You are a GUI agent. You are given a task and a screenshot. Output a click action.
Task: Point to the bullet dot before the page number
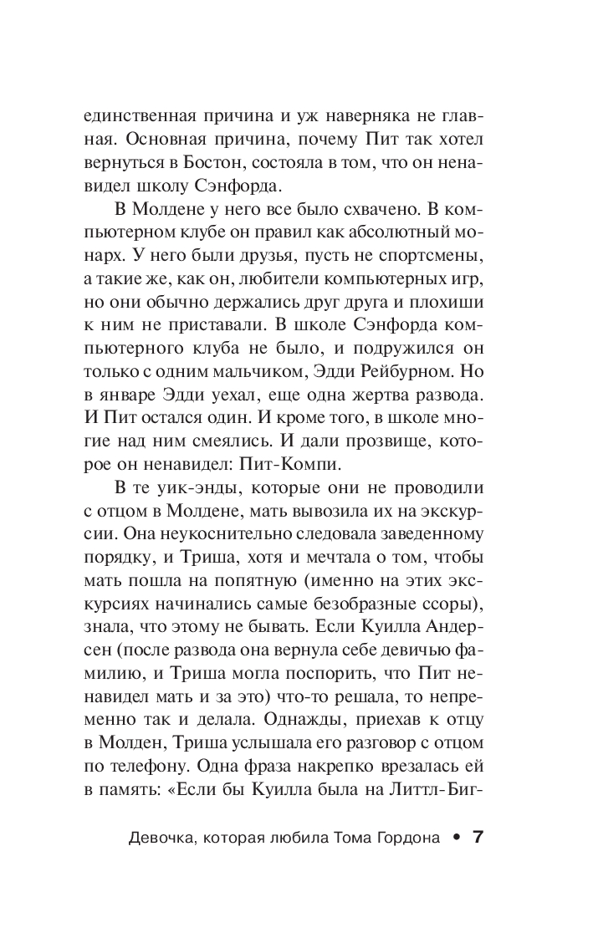455,838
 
